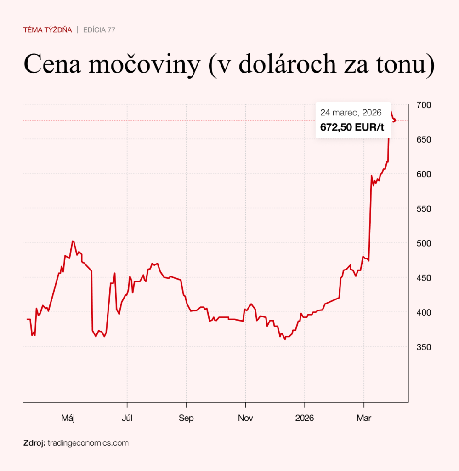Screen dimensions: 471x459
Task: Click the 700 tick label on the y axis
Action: point(423,105)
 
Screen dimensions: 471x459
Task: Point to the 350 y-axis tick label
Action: point(423,347)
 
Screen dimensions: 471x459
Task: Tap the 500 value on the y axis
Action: point(423,243)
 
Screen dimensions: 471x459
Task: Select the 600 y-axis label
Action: point(423,174)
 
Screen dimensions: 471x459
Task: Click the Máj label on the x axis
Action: point(68,418)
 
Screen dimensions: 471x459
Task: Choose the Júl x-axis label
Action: point(127,418)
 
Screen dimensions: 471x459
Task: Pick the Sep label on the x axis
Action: point(186,418)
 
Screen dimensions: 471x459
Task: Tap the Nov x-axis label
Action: point(245,418)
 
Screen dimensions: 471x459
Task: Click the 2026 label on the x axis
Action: point(304,418)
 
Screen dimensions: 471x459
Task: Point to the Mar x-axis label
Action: point(363,418)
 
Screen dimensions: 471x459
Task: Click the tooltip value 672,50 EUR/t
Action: point(352,127)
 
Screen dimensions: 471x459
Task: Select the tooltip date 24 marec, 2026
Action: point(351,113)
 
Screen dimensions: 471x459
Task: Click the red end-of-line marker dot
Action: point(394,121)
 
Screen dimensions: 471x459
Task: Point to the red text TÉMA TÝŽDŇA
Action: point(47,30)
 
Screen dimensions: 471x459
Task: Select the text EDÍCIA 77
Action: point(99,30)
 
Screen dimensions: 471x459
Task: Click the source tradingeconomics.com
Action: point(88,443)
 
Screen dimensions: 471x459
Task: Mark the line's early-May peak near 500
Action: point(73,241)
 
